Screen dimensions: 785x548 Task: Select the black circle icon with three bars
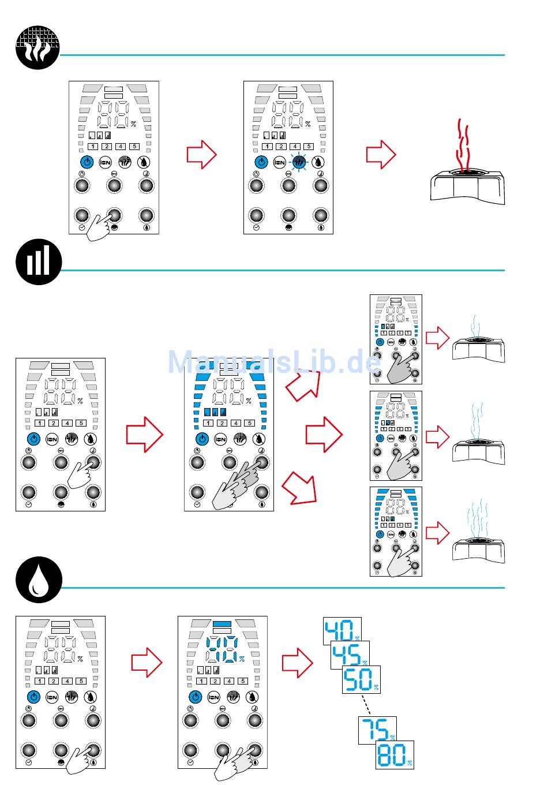(37, 263)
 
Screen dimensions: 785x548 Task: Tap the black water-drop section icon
(37, 580)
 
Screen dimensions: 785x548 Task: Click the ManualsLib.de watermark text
(274, 362)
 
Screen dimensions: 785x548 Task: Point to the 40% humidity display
(341, 631)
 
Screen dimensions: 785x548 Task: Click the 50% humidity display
(361, 679)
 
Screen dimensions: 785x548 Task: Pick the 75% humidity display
(377, 731)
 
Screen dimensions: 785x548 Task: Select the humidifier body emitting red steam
(468, 185)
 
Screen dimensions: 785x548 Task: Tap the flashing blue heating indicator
(299, 163)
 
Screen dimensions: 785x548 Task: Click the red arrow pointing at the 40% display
(297, 662)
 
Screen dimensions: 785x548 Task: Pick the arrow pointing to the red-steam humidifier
(381, 155)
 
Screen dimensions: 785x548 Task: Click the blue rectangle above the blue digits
(222, 625)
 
